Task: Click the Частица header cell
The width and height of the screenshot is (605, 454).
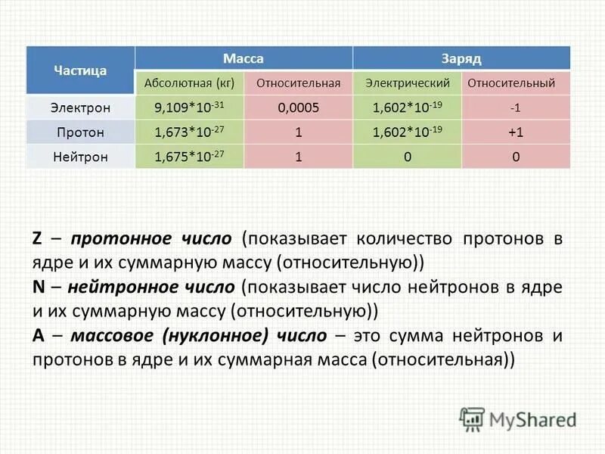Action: [80, 70]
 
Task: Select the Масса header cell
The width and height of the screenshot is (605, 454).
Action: [244, 58]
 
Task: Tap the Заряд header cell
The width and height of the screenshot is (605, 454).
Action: [461, 58]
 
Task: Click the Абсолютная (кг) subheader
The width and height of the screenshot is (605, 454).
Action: [189, 82]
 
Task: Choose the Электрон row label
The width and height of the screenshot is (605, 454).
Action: [80, 107]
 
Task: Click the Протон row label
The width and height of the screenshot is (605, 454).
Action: [80, 132]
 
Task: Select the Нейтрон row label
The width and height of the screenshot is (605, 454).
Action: [80, 157]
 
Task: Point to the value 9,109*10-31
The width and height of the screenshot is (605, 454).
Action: [189, 107]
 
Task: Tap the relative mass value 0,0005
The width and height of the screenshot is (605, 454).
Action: [299, 107]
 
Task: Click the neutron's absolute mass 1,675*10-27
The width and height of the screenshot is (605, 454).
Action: [189, 157]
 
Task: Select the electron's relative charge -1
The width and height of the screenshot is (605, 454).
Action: [516, 107]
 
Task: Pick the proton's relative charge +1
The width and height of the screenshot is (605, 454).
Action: [516, 132]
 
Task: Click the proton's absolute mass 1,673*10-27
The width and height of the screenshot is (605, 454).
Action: [189, 132]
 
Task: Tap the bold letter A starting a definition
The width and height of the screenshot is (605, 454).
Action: [38, 335]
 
